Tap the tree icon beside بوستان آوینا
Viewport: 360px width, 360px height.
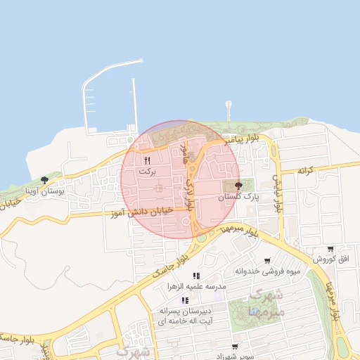click(x=45, y=180)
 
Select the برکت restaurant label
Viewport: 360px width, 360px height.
click(x=146, y=171)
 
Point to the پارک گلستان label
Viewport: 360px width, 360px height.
click(x=238, y=198)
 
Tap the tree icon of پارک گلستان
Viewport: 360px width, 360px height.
click(x=238, y=187)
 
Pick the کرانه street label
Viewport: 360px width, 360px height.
click(x=304, y=170)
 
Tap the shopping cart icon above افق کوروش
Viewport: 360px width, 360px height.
click(x=330, y=249)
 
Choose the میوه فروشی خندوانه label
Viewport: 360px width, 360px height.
click(x=267, y=271)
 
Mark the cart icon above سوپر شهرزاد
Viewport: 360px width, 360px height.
click(x=235, y=347)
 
